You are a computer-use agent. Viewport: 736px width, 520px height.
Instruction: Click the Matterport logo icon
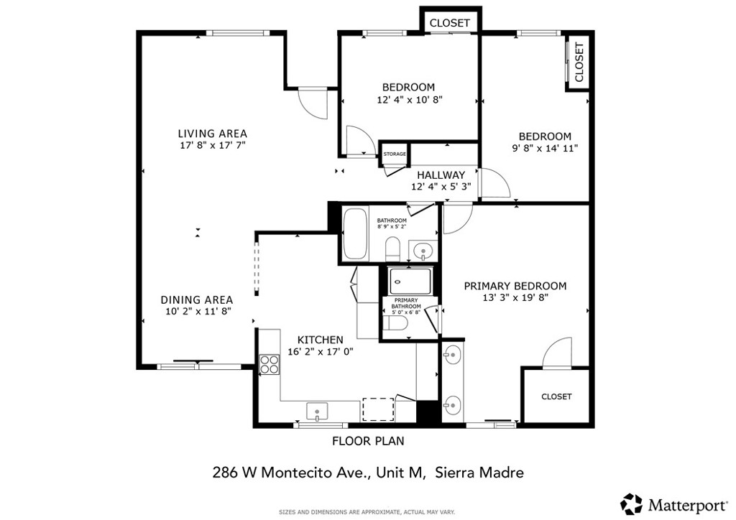coord(632,503)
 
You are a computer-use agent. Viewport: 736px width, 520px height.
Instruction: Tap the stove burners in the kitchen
coord(270,364)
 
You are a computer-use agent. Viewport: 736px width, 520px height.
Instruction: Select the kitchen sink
coord(318,411)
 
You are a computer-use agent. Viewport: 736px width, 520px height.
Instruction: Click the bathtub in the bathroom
coord(354,233)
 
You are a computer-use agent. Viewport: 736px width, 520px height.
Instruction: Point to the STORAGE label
coord(395,154)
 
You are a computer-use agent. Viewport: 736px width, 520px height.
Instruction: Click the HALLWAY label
coord(441,175)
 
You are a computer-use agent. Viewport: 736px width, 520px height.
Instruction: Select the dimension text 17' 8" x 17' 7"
coord(212,145)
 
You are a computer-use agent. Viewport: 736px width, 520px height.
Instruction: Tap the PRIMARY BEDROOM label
coord(515,286)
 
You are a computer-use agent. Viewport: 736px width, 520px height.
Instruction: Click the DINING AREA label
coord(196,300)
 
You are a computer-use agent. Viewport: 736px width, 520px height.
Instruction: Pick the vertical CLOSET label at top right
coord(579,62)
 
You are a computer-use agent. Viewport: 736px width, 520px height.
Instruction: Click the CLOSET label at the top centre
coord(450,23)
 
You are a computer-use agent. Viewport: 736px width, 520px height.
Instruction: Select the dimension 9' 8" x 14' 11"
coord(545,149)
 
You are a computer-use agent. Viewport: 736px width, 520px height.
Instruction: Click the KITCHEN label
coord(321,340)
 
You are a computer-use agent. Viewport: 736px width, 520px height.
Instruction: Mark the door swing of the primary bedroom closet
coord(556,353)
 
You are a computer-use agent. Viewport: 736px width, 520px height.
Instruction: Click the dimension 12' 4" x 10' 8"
coord(409,101)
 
